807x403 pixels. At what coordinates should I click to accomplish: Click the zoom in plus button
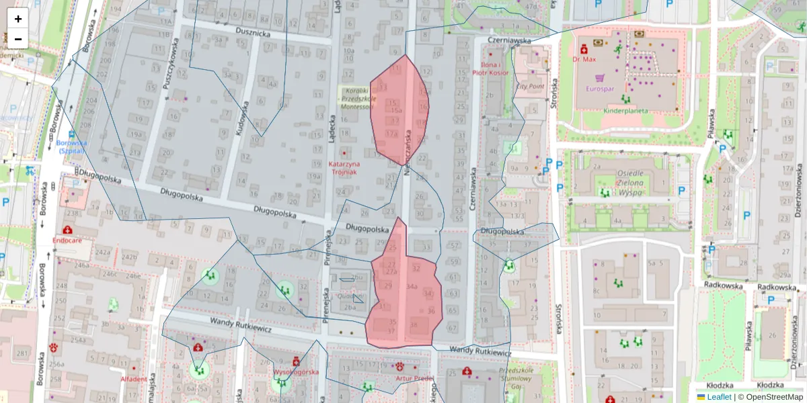(18, 18)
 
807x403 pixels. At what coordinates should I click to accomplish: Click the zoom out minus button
(18, 38)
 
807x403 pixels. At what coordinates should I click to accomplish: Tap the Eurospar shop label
(600, 88)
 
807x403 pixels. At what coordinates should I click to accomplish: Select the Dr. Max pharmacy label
(584, 59)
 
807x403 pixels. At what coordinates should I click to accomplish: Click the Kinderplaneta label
(625, 111)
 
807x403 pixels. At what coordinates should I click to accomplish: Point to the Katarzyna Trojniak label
(344, 168)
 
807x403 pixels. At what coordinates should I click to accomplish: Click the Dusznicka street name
(253, 32)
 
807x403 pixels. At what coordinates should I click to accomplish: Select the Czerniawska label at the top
(510, 41)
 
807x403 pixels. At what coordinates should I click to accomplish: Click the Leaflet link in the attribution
(718, 397)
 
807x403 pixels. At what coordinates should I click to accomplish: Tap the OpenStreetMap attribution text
(773, 397)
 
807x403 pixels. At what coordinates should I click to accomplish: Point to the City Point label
(530, 87)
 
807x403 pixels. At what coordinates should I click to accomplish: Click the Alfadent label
(133, 379)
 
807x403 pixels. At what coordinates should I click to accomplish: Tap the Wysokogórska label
(296, 371)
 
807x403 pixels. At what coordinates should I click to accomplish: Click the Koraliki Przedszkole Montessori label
(356, 98)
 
